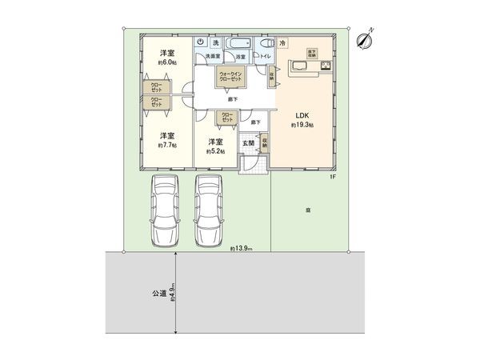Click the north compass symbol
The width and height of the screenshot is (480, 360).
point(367,37)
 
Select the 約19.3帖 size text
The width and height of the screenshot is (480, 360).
point(304,126)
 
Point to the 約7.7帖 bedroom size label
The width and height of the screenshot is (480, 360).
point(167,146)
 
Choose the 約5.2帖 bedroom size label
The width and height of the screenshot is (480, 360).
point(215,150)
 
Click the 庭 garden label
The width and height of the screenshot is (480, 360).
point(308,210)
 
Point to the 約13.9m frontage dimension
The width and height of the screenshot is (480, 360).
point(240,250)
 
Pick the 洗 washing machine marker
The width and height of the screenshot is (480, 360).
point(215,42)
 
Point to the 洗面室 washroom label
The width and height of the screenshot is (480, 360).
point(212,57)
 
